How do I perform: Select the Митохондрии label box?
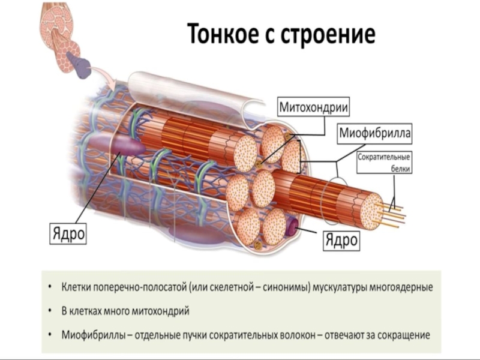click(x=314, y=108)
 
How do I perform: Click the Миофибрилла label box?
click(x=375, y=134)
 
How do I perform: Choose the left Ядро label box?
click(x=67, y=233)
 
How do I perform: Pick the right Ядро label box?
click(x=341, y=241)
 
